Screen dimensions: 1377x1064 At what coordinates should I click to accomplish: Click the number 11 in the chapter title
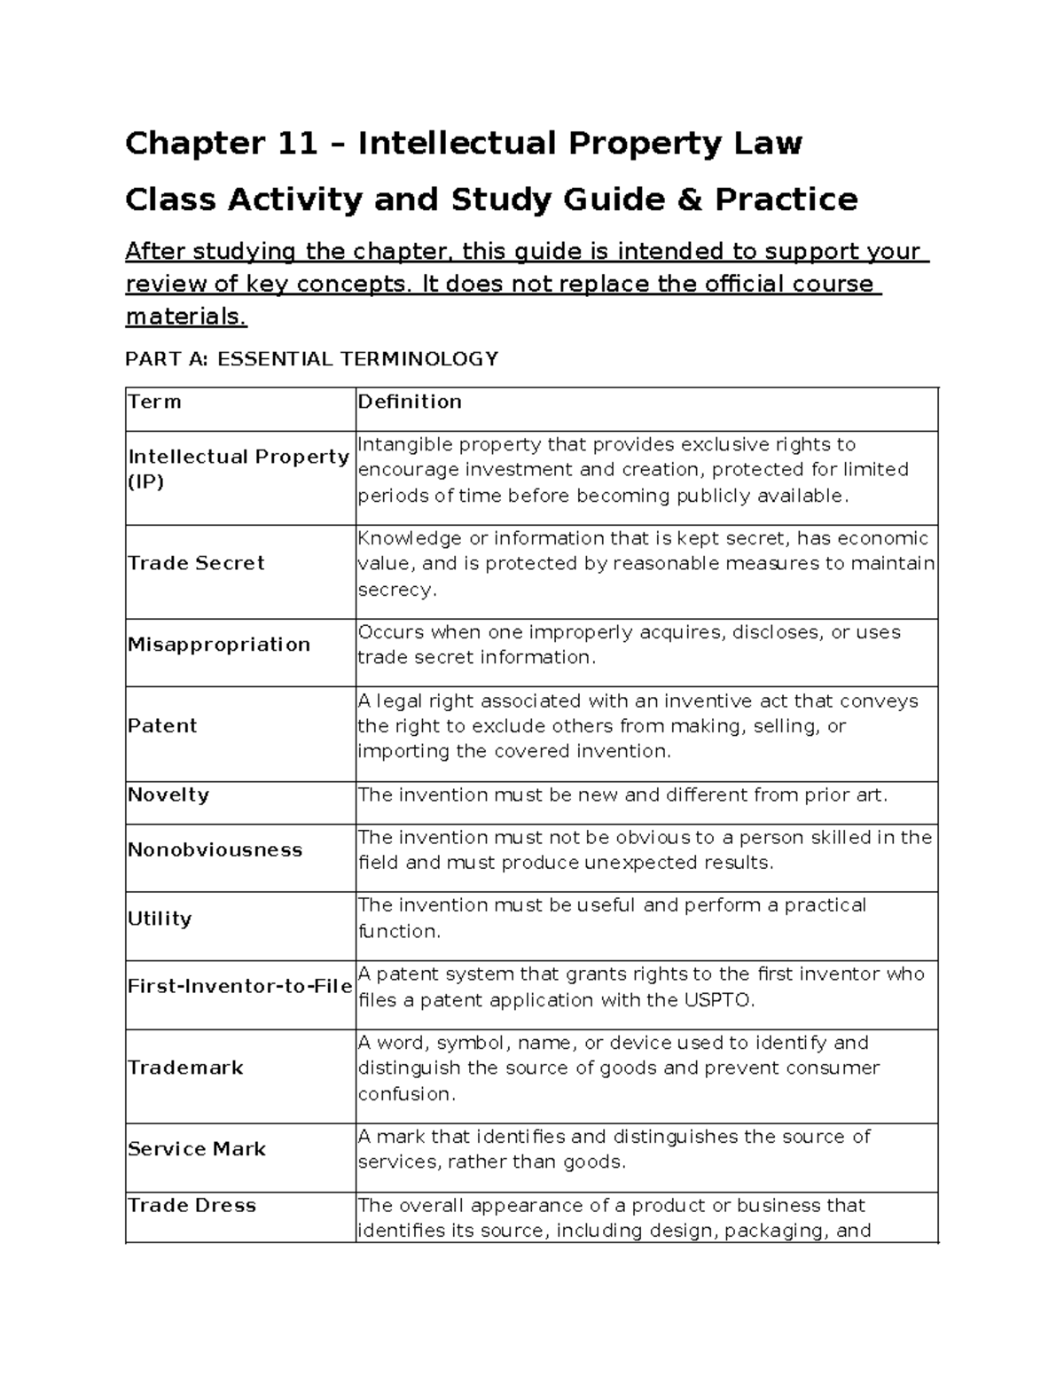tap(296, 143)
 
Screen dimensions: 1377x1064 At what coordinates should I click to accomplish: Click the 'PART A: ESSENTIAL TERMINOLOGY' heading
tap(311, 359)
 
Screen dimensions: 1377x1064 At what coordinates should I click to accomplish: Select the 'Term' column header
tap(155, 402)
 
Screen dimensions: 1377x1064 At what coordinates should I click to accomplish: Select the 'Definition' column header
tap(409, 402)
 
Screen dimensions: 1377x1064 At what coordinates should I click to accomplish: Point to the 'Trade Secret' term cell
tap(196, 563)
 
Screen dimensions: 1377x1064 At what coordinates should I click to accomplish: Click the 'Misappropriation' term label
tap(219, 645)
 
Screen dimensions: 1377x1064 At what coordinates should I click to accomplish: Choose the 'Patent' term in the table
tap(162, 725)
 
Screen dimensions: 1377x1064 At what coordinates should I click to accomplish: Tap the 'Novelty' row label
tap(168, 794)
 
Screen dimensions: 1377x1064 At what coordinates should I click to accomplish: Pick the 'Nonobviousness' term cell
tap(215, 849)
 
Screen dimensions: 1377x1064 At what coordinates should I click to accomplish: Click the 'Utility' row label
tap(160, 919)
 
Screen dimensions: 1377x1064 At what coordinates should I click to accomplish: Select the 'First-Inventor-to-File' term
tap(239, 987)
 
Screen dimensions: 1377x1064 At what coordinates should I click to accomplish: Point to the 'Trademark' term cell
tap(185, 1068)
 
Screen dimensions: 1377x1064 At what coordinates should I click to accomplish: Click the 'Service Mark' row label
tap(197, 1149)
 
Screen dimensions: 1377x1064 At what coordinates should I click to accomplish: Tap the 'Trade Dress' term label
tap(192, 1206)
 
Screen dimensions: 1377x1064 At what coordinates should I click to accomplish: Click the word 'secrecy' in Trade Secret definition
tap(396, 590)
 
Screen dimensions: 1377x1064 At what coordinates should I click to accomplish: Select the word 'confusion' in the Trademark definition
tap(406, 1094)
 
